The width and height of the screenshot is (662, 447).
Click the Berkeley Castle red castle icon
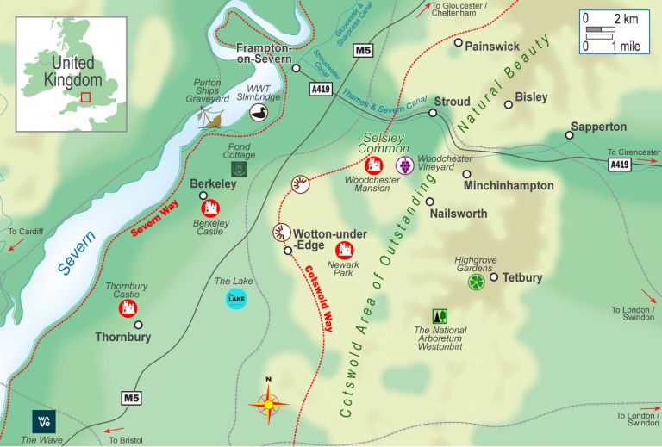tap(210, 208)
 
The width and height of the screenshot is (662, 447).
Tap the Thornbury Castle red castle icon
tap(128, 307)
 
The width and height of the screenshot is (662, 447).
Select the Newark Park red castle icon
tap(345, 250)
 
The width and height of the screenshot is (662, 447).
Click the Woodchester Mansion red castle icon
tap(373, 165)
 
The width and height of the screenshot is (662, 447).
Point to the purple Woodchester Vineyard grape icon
tap(403, 165)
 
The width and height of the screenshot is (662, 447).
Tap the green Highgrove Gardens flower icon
tap(476, 281)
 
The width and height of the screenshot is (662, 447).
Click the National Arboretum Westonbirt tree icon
tap(440, 316)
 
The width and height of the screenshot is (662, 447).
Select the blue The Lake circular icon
tap(235, 299)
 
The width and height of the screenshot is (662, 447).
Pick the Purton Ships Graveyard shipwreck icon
tap(212, 118)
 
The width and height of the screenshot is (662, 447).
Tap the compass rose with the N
tap(269, 402)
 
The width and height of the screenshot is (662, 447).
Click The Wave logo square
tap(43, 421)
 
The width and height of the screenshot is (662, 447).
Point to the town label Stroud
tap(452, 102)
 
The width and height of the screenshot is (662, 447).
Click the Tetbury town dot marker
tap(494, 277)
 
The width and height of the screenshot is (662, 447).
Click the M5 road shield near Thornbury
tap(130, 398)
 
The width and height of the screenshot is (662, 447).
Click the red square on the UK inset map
tap(85, 96)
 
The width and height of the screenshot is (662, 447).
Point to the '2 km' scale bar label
tap(626, 19)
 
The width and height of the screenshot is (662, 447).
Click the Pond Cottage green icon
tap(240, 170)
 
